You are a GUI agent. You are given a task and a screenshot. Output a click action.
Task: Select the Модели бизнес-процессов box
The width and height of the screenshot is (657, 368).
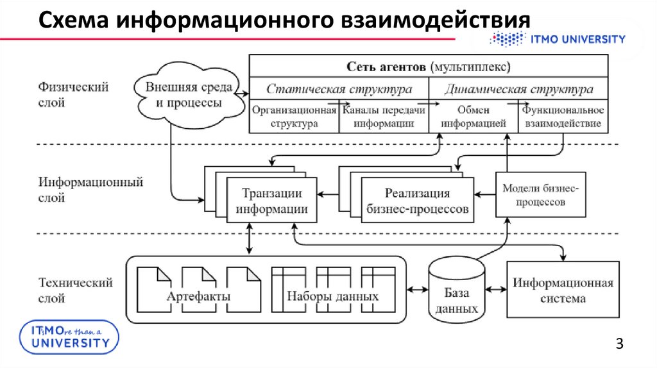pos(540,195)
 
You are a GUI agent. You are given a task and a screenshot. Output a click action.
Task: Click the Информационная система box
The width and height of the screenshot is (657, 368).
pos(563,290)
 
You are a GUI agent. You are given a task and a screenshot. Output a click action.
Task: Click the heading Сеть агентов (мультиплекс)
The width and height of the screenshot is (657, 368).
pos(429,66)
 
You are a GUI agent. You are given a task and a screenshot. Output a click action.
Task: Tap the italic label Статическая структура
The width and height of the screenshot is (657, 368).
pos(339,88)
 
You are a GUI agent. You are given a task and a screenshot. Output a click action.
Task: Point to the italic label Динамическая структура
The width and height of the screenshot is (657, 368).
pos(518,88)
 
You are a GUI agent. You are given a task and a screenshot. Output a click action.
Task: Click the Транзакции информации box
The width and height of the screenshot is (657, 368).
pos(271,201)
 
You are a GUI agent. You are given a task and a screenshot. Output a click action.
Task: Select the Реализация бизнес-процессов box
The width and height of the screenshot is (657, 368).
pos(417,201)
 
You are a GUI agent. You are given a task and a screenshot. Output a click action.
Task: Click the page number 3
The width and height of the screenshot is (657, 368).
pos(619,344)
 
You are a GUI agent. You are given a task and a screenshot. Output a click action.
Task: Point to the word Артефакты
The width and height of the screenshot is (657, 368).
pos(198,297)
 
